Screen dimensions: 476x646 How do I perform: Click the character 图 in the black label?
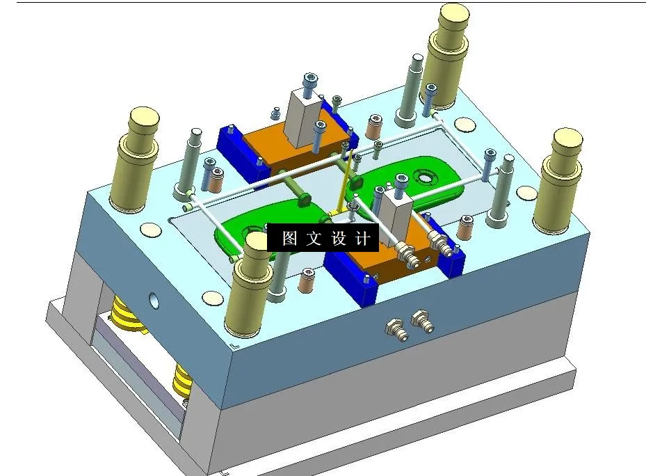click(x=289, y=239)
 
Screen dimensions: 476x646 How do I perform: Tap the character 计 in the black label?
click(x=362, y=239)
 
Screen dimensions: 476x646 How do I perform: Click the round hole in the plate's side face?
click(x=152, y=301)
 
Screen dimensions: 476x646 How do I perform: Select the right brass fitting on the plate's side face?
click(x=420, y=320)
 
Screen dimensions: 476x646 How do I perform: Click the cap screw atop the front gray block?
click(x=401, y=182)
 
